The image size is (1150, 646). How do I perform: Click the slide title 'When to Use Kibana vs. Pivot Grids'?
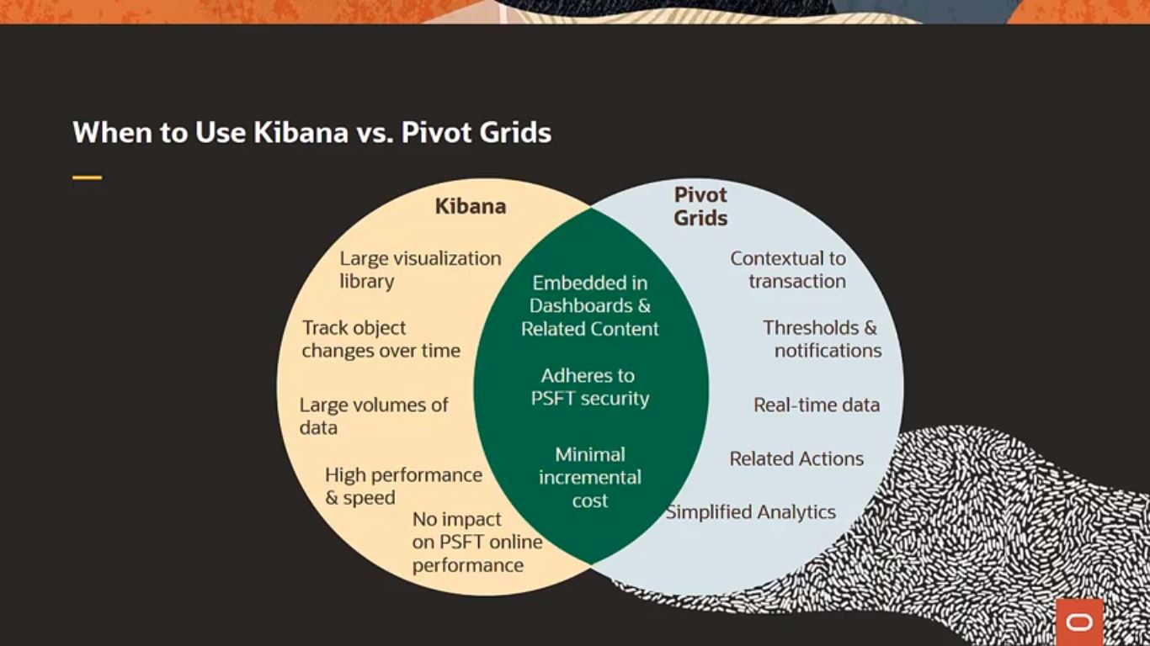coord(311,133)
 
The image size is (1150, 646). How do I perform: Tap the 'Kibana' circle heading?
coord(470,206)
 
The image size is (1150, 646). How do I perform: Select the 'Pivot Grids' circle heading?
coord(700,206)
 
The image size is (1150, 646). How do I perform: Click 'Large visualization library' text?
coord(420,270)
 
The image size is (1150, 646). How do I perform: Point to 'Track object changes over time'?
coord(381,339)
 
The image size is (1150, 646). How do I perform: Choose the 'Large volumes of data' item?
coord(373,416)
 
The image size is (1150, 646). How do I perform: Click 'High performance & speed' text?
coord(403,486)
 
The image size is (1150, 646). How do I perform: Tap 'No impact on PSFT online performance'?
coord(477,542)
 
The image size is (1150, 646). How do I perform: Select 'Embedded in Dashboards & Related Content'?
coord(589,305)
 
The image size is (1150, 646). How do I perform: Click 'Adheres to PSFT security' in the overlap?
coord(589,387)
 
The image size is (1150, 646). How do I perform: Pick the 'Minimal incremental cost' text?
coord(589,477)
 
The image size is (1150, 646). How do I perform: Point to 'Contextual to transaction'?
coord(788,270)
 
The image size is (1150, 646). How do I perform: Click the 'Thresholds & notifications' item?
coord(822,339)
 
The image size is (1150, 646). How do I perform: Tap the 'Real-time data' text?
coord(816,405)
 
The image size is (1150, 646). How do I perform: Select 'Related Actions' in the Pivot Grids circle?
coord(796,458)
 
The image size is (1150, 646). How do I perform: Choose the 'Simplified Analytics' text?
coord(751,512)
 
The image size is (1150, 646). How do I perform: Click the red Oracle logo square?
coord(1078,622)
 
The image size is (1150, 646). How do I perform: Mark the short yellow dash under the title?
coord(87,177)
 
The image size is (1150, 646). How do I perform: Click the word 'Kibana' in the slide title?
coord(300,133)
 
